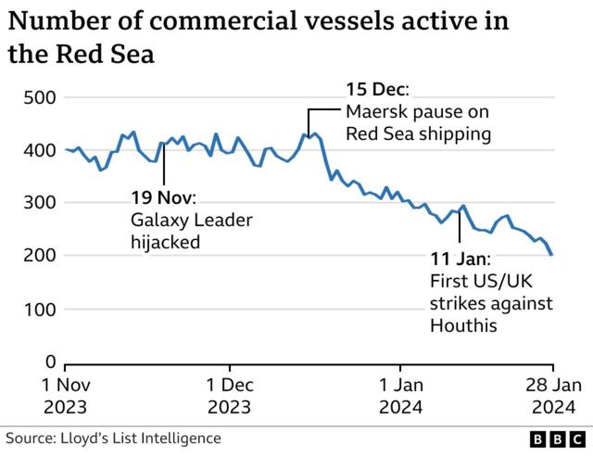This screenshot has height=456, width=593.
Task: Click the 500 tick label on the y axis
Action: click(x=39, y=98)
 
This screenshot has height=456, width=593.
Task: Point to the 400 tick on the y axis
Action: click(x=39, y=150)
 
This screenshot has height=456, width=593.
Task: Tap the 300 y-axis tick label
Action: click(x=39, y=203)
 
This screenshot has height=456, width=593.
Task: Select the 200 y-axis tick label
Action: click(x=39, y=256)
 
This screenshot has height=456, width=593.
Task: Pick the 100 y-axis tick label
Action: click(x=39, y=309)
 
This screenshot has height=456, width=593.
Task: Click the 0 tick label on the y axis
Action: click(x=51, y=361)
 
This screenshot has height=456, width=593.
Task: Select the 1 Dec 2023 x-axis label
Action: click(x=229, y=395)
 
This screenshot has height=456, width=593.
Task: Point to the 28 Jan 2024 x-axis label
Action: click(x=553, y=395)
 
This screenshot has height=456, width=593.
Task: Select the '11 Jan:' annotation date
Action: click(x=460, y=259)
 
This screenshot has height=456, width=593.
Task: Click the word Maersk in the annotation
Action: click(x=374, y=113)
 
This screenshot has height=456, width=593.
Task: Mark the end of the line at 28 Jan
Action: click(x=553, y=255)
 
